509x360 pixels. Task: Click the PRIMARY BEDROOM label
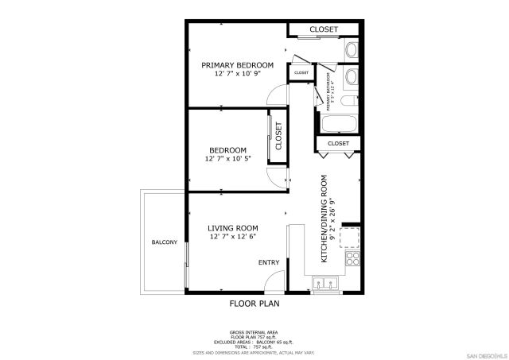point(237,65)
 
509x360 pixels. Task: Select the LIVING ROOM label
point(233,228)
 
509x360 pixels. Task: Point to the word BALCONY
point(164,242)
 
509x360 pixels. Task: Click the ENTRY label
point(269,262)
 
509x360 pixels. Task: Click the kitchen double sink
point(325,283)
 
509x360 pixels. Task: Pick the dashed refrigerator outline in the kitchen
point(350,236)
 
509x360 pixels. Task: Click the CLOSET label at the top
point(324,29)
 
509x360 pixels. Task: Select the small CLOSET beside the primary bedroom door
point(301,73)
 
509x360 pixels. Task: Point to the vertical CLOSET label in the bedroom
point(279,136)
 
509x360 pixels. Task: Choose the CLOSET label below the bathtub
point(339,143)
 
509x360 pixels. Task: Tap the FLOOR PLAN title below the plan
point(254,304)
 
